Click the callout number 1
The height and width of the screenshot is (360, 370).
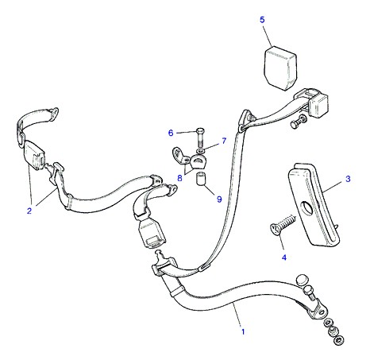[243, 331]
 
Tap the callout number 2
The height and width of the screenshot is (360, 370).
[29, 211]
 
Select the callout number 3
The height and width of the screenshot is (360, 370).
[348, 179]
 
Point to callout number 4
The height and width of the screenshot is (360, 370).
[284, 257]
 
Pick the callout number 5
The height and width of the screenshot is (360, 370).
[262, 20]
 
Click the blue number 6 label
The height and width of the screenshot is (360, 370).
[171, 133]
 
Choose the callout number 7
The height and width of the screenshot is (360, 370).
[224, 141]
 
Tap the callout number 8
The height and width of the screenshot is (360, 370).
[179, 178]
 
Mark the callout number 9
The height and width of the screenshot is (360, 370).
[219, 199]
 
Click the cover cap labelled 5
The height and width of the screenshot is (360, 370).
[280, 68]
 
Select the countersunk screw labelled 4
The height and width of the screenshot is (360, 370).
[283, 225]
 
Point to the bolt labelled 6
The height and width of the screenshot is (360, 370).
[200, 138]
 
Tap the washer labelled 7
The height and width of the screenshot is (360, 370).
[201, 151]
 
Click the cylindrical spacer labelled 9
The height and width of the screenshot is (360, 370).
[201, 179]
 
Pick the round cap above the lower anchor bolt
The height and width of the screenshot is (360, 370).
[303, 280]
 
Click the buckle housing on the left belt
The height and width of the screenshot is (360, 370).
[34, 155]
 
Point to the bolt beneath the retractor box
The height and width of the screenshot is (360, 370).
[299, 122]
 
